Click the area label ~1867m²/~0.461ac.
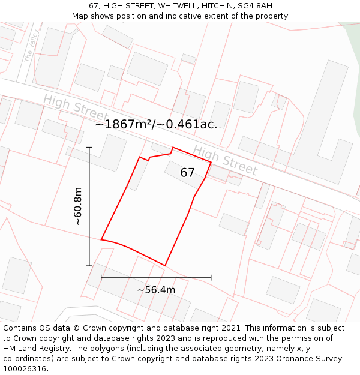pyautogui.click(x=156, y=124)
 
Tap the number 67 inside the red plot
pyautogui.click(x=187, y=173)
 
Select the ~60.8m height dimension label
pyautogui.click(x=78, y=206)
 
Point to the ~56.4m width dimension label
pyautogui.click(x=156, y=290)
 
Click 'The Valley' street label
pyautogui.click(x=31, y=46)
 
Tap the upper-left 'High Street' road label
pyautogui.click(x=76, y=108)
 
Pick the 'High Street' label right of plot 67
pyautogui.click(x=225, y=160)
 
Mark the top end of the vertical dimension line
pyautogui.click(x=89, y=147)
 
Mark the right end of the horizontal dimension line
pyautogui.click(x=211, y=278)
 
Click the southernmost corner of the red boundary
pyautogui.click(x=165, y=265)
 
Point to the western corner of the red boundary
pyautogui.click(x=101, y=239)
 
